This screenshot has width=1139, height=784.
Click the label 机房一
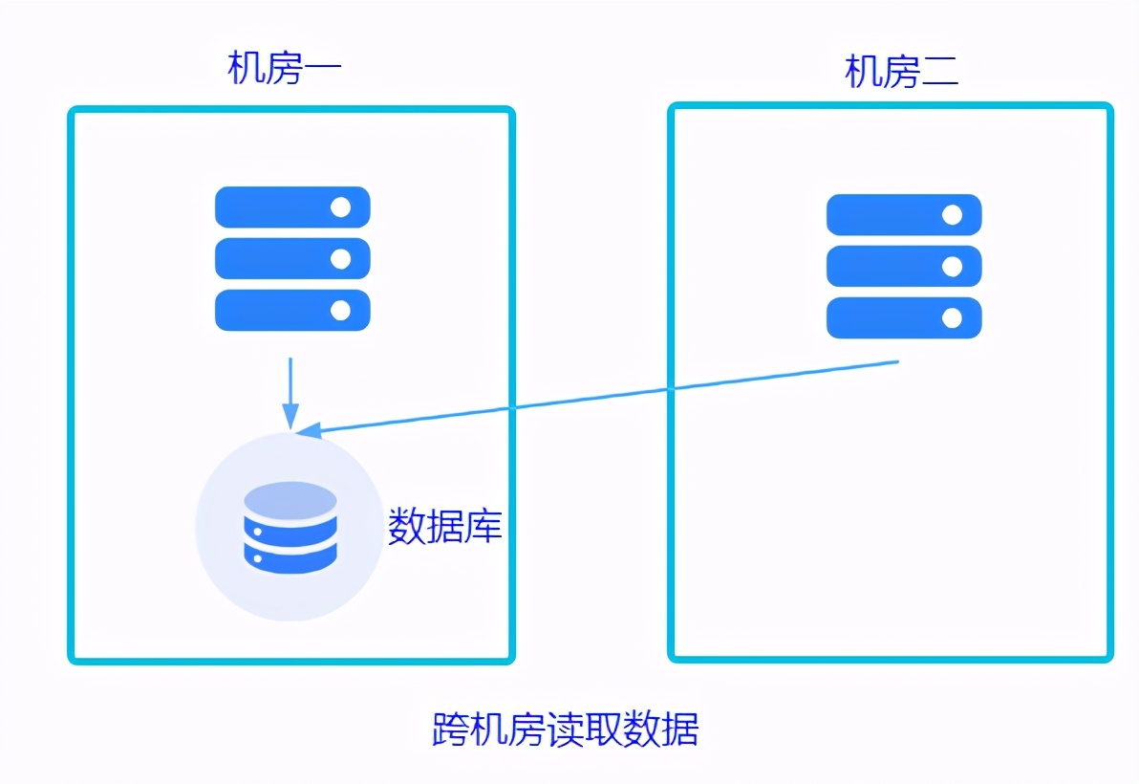click(285, 69)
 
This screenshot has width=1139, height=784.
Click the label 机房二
click(901, 72)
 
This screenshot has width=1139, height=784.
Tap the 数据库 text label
click(444, 526)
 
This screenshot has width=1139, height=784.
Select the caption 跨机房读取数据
click(566, 730)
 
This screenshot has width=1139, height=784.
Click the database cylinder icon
click(290, 527)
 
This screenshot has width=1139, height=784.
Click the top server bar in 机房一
click(291, 207)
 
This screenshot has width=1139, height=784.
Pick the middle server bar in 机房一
click(291, 258)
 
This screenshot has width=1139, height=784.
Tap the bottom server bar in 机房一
click(291, 310)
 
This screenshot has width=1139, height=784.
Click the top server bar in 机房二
click(903, 215)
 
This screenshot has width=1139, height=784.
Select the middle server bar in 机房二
click(903, 266)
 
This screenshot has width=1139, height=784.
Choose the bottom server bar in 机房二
click(903, 317)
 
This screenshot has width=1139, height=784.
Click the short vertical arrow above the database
click(290, 392)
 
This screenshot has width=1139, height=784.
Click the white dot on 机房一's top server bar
click(339, 207)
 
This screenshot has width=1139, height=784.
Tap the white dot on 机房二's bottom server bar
click(952, 317)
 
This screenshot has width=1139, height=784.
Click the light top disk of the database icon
click(290, 500)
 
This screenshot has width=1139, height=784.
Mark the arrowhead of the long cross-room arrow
click(308, 431)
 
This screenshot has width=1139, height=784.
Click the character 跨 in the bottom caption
click(450, 730)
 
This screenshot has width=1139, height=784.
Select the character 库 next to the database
click(484, 526)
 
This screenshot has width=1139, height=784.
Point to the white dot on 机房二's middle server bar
click(952, 266)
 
